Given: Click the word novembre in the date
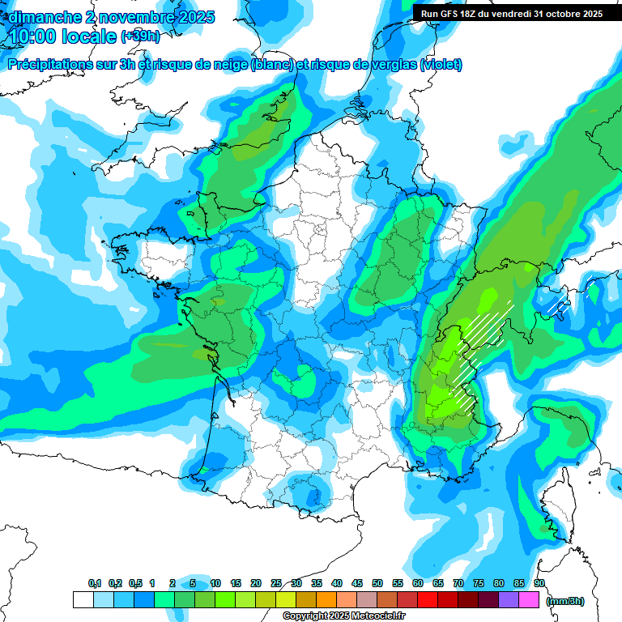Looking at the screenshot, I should click(134, 16).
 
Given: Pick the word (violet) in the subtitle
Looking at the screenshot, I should click(441, 65).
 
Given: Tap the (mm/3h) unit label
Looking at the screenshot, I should click(564, 600).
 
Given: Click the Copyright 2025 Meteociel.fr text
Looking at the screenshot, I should click(343, 616).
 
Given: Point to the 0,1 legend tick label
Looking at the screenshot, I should click(95, 584).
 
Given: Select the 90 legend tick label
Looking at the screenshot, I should click(539, 584).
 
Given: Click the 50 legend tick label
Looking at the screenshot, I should click(377, 584).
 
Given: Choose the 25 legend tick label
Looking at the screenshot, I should click(276, 584).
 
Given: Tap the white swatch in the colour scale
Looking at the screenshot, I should click(83, 600).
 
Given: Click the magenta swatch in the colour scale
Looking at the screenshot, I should click(529, 600).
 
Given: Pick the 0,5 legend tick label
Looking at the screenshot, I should click(136, 584).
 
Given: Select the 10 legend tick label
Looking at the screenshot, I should click(215, 584).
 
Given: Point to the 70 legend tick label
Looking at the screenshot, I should click(458, 584).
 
